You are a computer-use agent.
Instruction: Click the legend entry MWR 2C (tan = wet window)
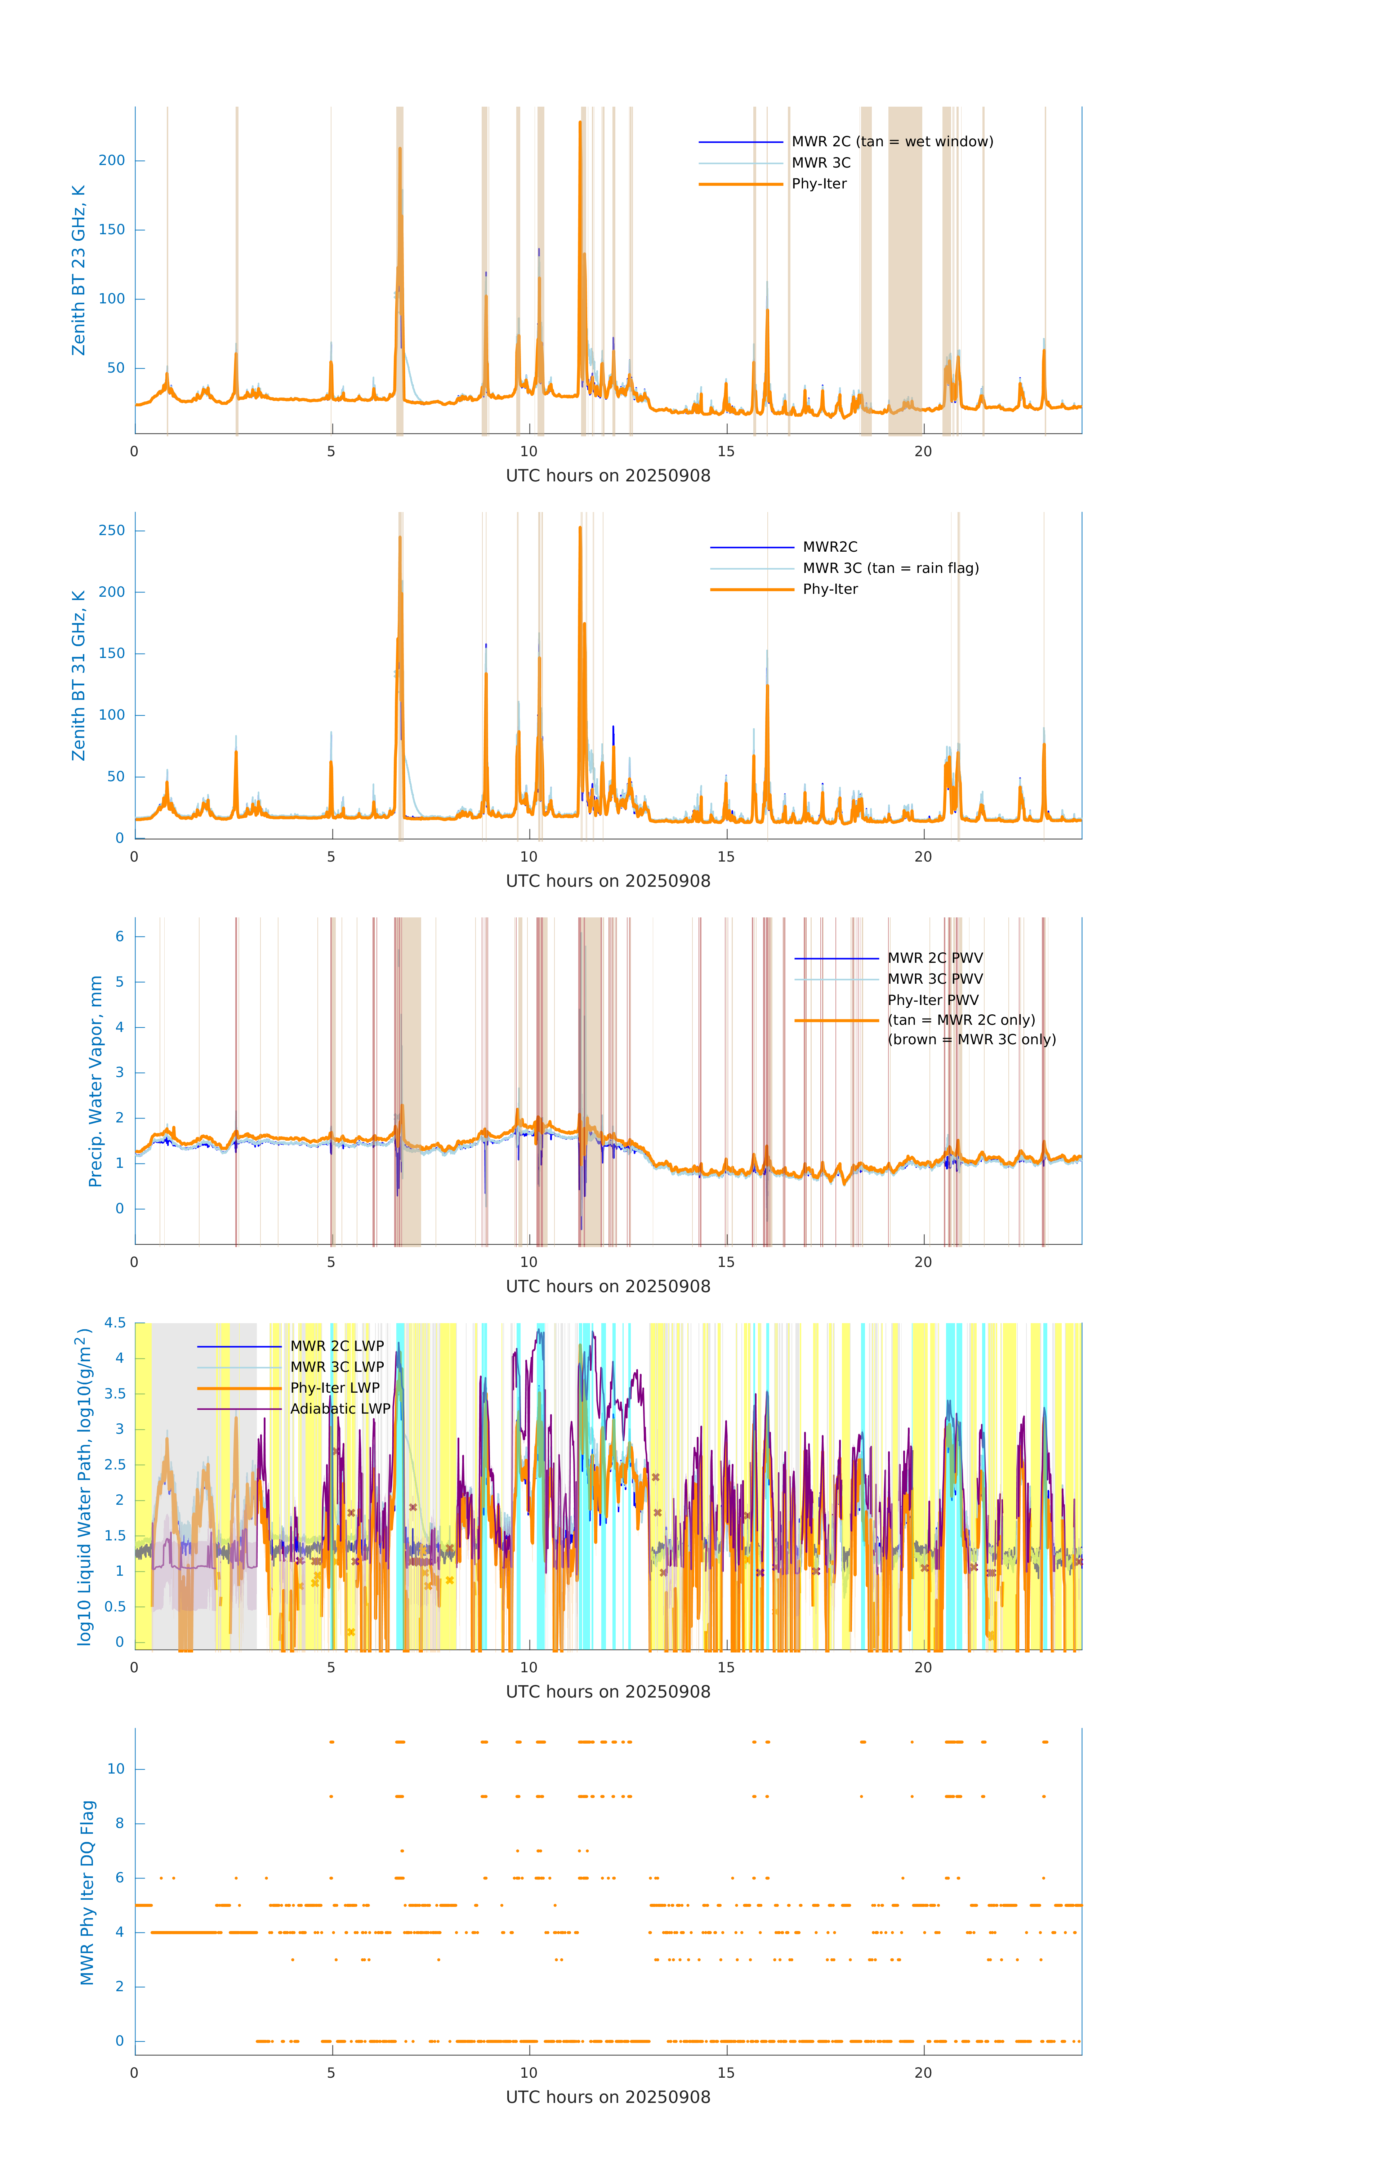(x=891, y=142)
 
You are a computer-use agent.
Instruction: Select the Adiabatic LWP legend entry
(x=339, y=1409)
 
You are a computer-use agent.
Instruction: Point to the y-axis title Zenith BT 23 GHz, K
(x=79, y=270)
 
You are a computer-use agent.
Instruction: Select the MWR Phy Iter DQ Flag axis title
(x=87, y=1892)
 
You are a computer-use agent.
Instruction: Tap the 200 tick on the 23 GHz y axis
(x=112, y=161)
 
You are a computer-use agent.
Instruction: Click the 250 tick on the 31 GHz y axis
(x=112, y=531)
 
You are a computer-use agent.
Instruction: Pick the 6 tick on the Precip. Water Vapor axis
(x=119, y=937)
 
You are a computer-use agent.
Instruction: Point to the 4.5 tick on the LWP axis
(x=115, y=1322)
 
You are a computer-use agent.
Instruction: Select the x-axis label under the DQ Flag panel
(x=608, y=2098)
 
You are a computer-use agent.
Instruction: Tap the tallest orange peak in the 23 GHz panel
(x=580, y=123)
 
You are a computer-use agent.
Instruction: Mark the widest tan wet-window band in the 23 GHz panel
(x=905, y=270)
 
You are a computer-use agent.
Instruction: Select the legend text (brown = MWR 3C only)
(x=971, y=1040)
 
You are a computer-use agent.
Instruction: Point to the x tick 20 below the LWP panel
(x=923, y=1667)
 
